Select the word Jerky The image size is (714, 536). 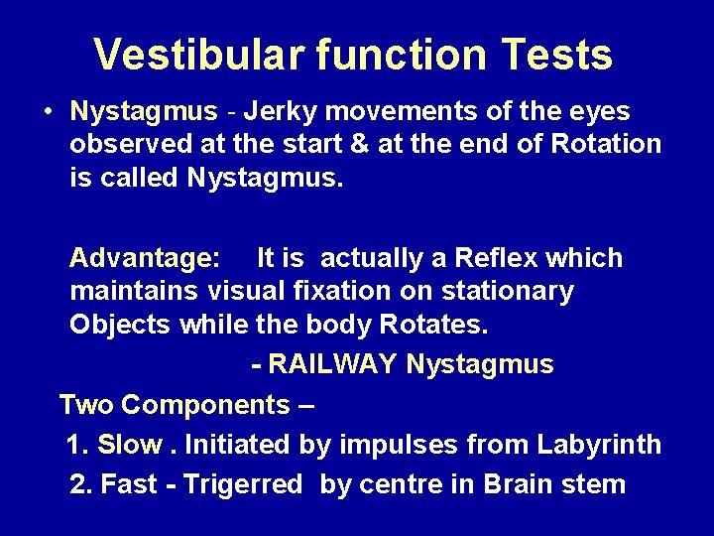pos(282,111)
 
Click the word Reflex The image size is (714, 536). pos(495,259)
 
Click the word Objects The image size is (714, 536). pos(120,326)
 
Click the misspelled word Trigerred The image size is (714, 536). pos(243,484)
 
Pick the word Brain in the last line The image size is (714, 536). pos(522,484)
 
